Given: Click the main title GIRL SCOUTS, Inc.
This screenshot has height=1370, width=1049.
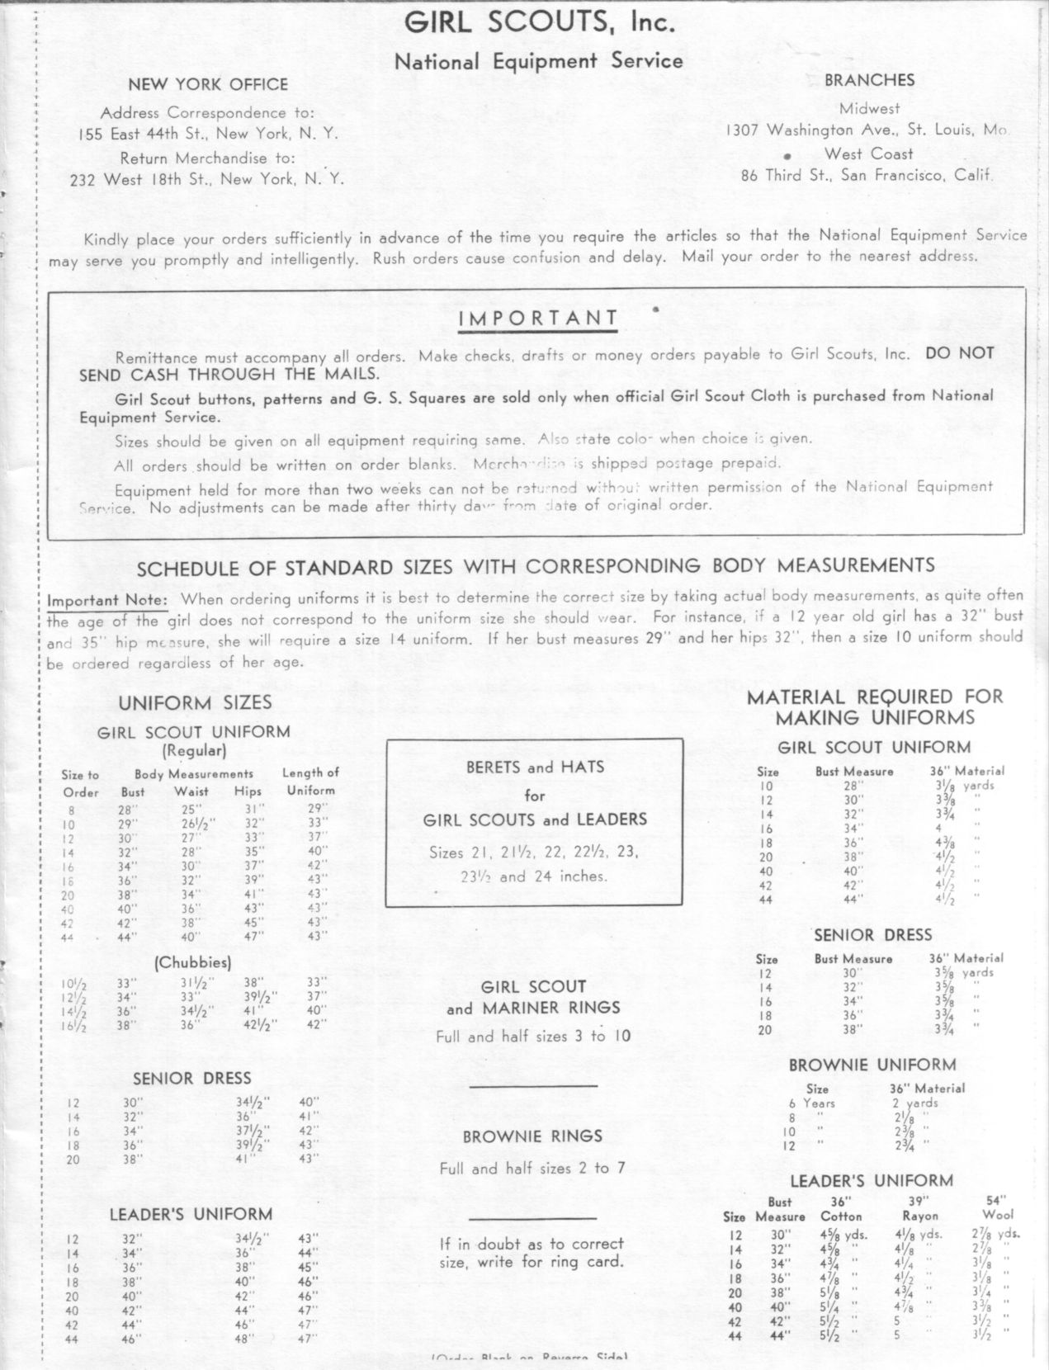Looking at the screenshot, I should click(x=540, y=24).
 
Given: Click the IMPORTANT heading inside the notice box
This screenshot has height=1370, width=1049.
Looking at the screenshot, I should click(x=537, y=319).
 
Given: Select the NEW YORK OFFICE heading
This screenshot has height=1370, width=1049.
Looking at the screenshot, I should click(x=208, y=85).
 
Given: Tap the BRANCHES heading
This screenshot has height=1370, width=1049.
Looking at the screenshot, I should click(x=869, y=80).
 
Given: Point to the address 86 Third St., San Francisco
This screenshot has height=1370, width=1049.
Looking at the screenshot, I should click(x=867, y=175).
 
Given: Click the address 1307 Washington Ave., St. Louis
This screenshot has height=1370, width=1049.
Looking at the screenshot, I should click(x=867, y=130).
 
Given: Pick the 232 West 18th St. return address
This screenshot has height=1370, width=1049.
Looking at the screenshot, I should click(x=206, y=179).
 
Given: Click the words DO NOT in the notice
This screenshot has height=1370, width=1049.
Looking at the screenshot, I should click(x=960, y=353).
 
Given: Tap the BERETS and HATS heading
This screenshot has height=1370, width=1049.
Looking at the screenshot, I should click(x=535, y=767).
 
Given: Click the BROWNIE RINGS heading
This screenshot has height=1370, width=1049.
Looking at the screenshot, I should click(x=532, y=1136).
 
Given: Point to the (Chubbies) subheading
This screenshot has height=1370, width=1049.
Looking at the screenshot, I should click(x=192, y=962).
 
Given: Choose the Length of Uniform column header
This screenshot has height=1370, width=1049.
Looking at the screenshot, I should click(x=310, y=782).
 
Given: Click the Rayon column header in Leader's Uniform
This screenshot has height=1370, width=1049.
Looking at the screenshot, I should click(x=919, y=1216).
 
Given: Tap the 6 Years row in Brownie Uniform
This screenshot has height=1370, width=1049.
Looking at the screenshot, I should click(x=812, y=1103).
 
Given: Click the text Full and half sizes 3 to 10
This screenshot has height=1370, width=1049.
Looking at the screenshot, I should click(x=533, y=1037).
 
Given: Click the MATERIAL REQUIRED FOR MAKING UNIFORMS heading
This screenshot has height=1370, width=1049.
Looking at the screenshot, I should click(x=875, y=707).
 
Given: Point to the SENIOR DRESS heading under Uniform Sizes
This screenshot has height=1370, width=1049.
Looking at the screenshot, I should click(x=192, y=1079).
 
